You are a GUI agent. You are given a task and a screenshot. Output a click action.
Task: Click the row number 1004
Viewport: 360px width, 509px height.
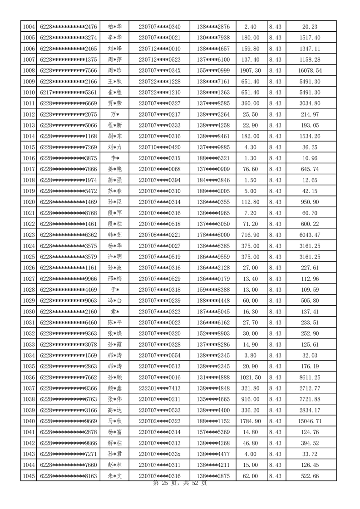(29, 27)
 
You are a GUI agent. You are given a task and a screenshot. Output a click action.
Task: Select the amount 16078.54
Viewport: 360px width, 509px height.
(311, 70)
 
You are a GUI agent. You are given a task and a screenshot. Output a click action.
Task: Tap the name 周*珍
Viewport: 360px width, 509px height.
(115, 70)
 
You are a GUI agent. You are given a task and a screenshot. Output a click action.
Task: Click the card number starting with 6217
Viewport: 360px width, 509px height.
(69, 92)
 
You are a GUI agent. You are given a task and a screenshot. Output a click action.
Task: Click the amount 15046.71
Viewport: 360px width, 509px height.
(311, 421)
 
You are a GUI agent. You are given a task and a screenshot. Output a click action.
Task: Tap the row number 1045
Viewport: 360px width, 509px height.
(29, 476)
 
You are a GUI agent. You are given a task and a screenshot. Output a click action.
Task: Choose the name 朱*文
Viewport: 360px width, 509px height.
(115, 476)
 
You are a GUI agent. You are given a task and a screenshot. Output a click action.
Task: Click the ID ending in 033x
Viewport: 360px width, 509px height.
(159, 454)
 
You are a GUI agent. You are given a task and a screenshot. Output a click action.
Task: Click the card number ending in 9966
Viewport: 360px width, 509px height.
(69, 279)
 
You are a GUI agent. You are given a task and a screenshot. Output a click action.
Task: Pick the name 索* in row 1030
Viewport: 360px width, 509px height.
(115, 312)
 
